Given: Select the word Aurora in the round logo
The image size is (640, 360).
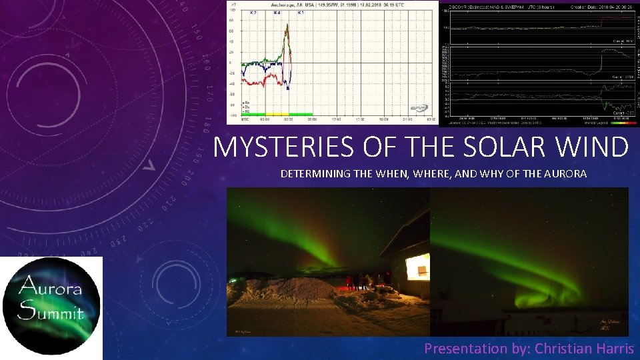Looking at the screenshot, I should pyautogui.click(x=51, y=288).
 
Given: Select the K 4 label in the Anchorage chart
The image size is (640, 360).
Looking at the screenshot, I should pyautogui.click(x=277, y=13).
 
